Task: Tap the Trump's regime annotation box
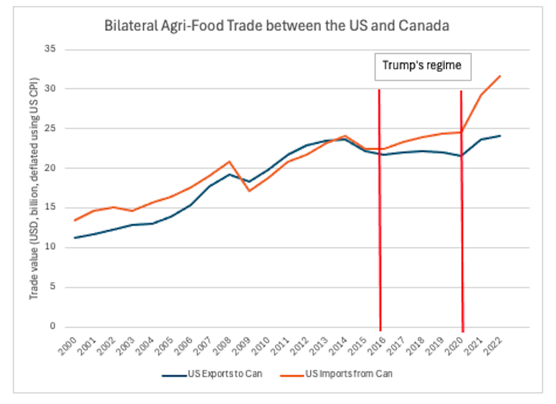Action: [x=421, y=66]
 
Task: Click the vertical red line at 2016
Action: [x=380, y=221]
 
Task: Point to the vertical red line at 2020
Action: [x=462, y=221]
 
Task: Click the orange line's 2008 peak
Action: [x=230, y=161]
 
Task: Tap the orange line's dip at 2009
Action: [x=250, y=191]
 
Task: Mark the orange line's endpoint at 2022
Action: [x=501, y=76]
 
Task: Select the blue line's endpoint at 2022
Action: [x=501, y=136]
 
